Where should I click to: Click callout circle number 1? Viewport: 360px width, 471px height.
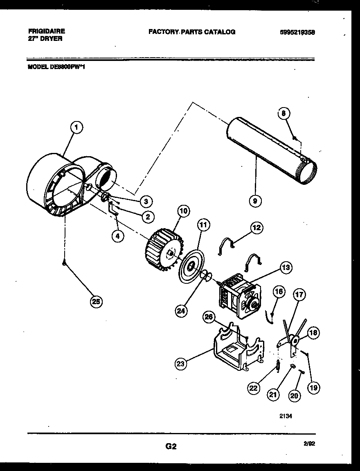click(76, 128)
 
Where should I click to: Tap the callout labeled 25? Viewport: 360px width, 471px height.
click(96, 302)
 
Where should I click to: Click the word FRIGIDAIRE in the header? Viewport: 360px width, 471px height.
click(47, 31)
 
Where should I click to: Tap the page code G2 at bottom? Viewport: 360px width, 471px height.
click(171, 446)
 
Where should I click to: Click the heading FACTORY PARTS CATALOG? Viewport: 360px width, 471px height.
click(191, 31)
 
